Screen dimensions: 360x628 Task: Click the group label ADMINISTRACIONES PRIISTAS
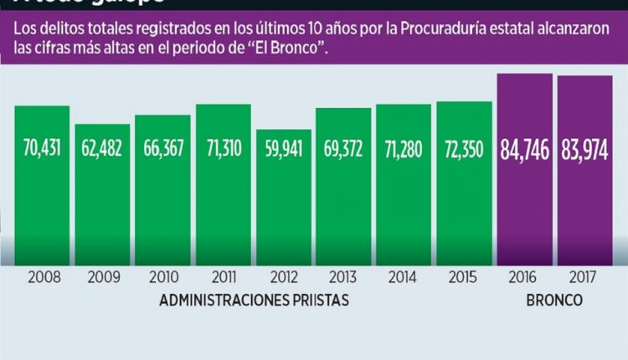tap(254, 300)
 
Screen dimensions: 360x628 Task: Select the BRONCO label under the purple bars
tap(555, 300)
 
